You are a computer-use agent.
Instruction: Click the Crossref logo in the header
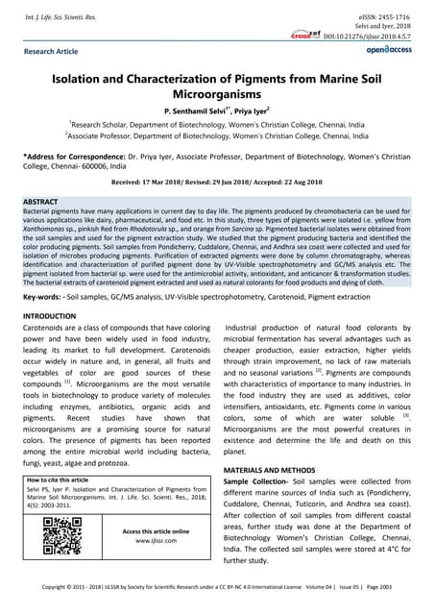point(305,34)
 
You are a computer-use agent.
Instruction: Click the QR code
point(63,536)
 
